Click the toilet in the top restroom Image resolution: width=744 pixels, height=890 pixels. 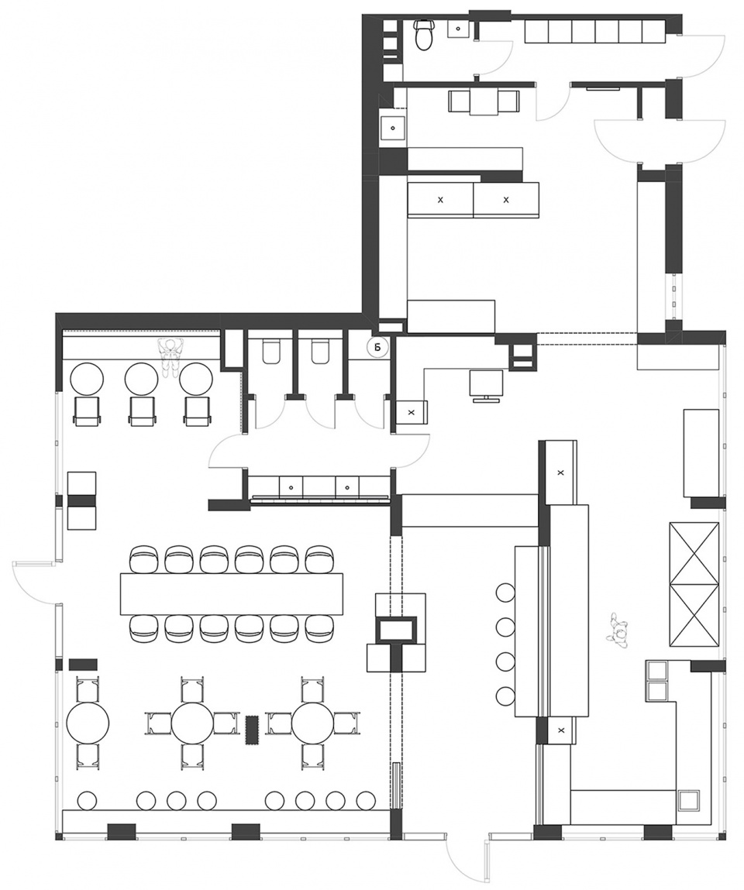pos(424,35)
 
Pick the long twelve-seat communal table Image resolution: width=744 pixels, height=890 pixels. pos(232,593)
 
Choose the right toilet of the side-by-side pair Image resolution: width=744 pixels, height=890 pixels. pos(320,352)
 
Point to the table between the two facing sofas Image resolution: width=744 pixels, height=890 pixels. pos(484,102)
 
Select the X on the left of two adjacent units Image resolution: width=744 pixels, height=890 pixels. pos(441,200)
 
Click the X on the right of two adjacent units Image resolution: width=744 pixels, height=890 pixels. pos(506,200)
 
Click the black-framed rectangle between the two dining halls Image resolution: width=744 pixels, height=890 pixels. pos(397,630)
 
